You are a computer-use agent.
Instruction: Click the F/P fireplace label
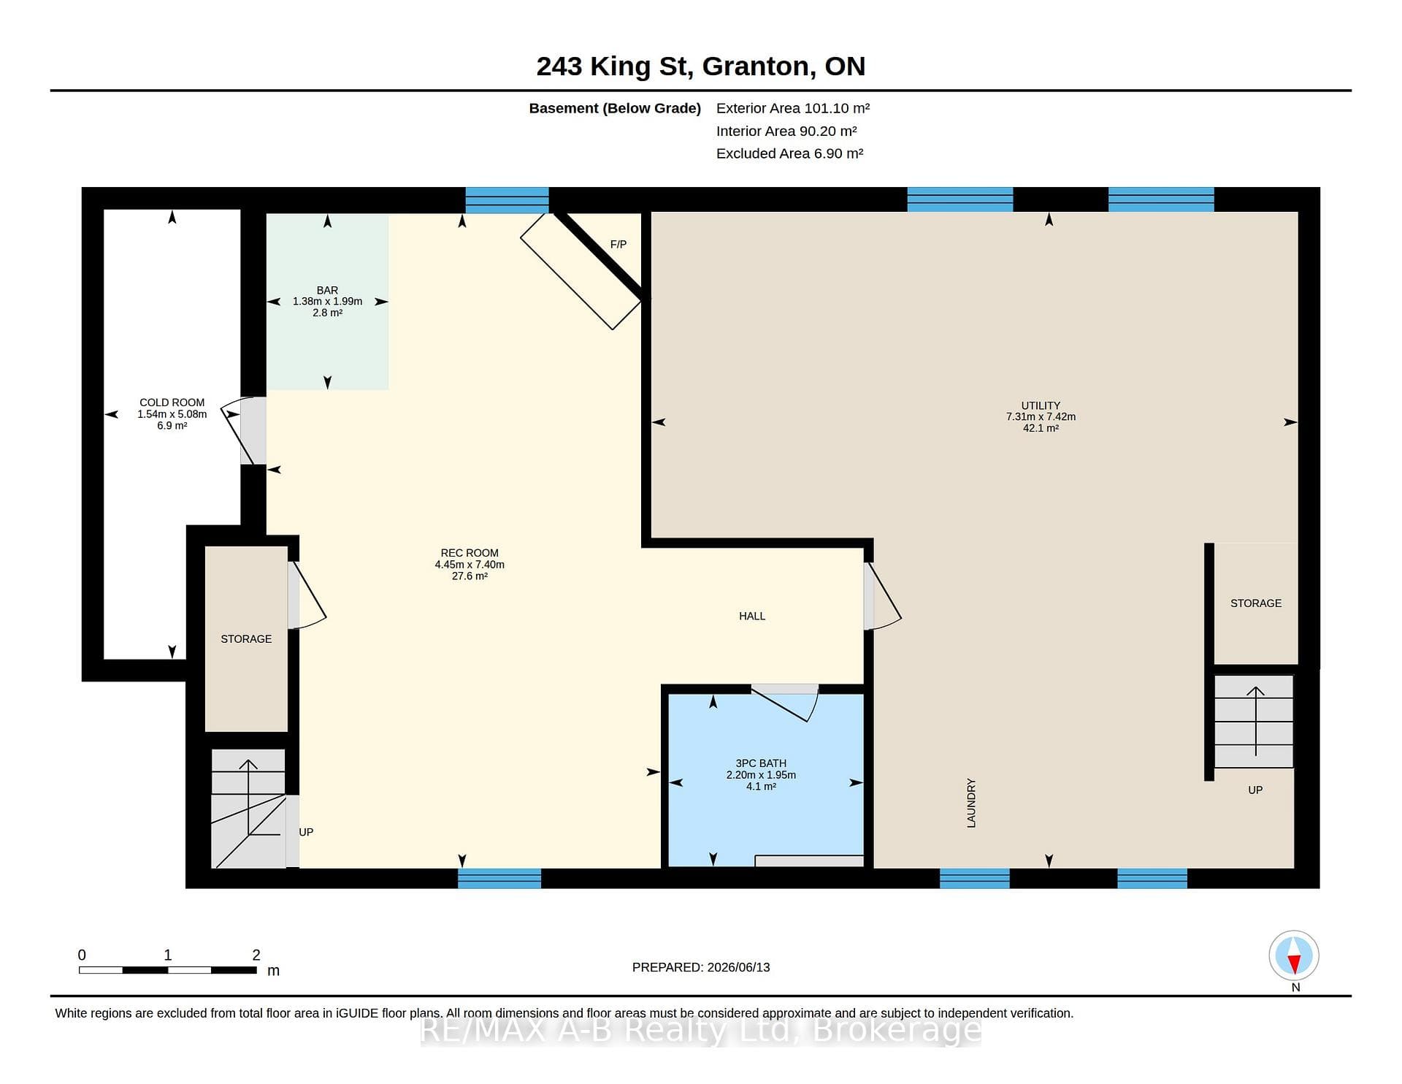pyautogui.click(x=618, y=244)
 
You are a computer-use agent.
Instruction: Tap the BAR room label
pyautogui.click(x=327, y=290)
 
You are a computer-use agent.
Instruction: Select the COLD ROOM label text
pyautogui.click(x=172, y=402)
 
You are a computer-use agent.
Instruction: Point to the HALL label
pyautogui.click(x=752, y=616)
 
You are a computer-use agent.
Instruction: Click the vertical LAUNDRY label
pyautogui.click(x=971, y=803)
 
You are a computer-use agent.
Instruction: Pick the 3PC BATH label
pyautogui.click(x=761, y=763)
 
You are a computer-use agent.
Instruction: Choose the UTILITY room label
pyautogui.click(x=1041, y=405)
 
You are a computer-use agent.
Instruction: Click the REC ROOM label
pyautogui.click(x=470, y=553)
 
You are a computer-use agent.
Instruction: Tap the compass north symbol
pyautogui.click(x=1294, y=955)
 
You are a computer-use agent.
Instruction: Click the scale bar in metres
pyautogui.click(x=168, y=970)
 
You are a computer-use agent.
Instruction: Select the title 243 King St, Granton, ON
pyautogui.click(x=701, y=66)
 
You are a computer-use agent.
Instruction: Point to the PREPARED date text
pyautogui.click(x=701, y=967)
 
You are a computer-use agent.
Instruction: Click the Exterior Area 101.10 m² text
pyautogui.click(x=793, y=108)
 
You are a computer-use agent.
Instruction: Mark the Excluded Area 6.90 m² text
pyautogui.click(x=790, y=153)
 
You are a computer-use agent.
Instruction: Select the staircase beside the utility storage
pyautogui.click(x=1254, y=721)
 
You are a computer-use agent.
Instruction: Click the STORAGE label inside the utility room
pyautogui.click(x=1256, y=603)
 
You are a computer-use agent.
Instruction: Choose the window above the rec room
pyautogui.click(x=507, y=200)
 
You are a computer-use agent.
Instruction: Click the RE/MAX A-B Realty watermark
pyautogui.click(x=701, y=1030)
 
